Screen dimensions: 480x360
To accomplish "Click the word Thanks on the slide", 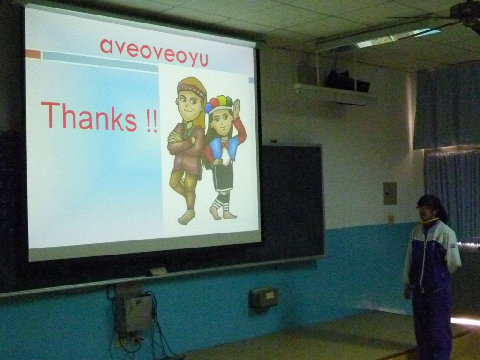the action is click(89, 117).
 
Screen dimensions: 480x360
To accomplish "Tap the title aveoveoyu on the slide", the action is click(154, 52).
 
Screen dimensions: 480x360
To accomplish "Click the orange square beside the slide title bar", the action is click(33, 54).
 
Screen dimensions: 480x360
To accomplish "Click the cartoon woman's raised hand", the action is click(236, 107).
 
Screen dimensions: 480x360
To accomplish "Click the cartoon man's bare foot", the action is click(187, 217).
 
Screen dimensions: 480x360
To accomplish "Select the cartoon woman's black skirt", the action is click(224, 178).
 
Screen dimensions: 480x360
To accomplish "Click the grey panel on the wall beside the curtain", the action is click(390, 194).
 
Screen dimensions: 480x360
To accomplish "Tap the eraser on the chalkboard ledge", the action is click(158, 271).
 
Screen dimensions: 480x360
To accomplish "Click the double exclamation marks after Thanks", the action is click(151, 121).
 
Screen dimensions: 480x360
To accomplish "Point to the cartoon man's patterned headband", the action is click(192, 89).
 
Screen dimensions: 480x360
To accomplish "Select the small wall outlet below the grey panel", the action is click(390, 219).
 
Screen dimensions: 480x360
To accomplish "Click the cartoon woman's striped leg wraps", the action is click(221, 202).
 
